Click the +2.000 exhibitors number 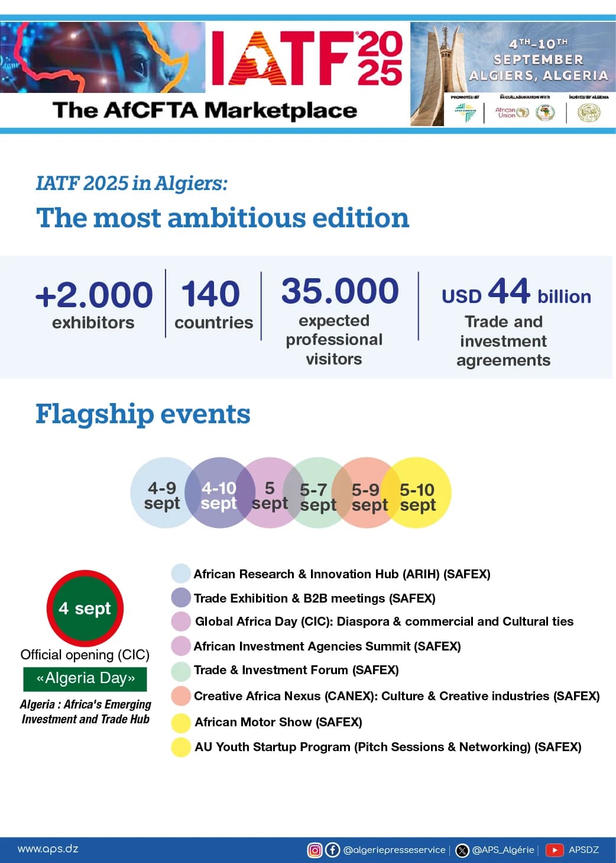click(x=94, y=295)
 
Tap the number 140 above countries click(x=210, y=294)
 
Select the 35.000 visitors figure click(x=340, y=291)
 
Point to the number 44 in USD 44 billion click(x=509, y=291)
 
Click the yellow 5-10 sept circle click(x=421, y=493)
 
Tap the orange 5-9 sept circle click(x=366, y=493)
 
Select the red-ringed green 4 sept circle click(x=85, y=608)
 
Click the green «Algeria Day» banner click(x=85, y=678)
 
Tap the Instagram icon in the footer click(x=315, y=850)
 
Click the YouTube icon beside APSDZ click(x=554, y=850)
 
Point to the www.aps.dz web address click(x=48, y=849)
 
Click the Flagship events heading click(x=142, y=414)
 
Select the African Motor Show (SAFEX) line click(x=278, y=722)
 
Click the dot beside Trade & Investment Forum click(x=180, y=671)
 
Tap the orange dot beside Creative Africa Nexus click(x=180, y=696)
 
